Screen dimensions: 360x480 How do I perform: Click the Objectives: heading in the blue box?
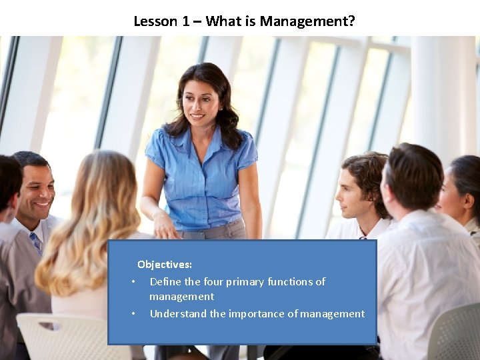(165, 265)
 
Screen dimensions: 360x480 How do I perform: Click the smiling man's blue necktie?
(36, 241)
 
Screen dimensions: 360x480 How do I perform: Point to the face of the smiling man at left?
(37, 193)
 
